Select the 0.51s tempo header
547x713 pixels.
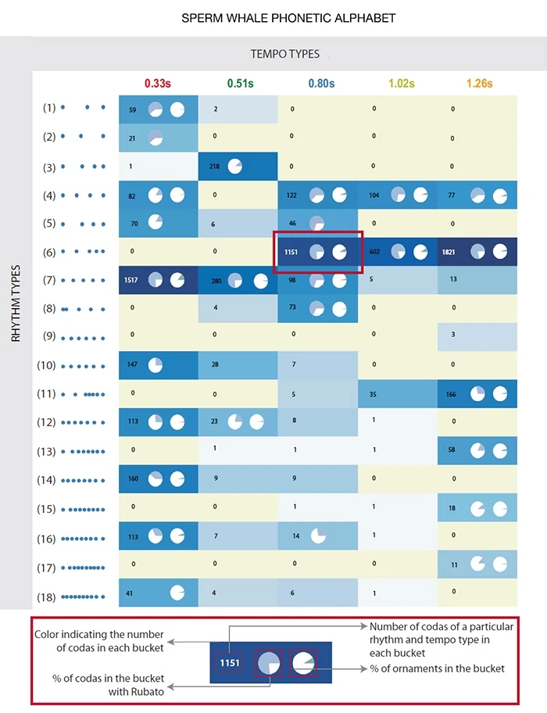pos(238,84)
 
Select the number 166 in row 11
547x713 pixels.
pos(452,394)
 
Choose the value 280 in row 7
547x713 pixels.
pos(215,279)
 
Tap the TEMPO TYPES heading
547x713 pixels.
pos(285,54)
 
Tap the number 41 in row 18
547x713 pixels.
pos(129,593)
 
